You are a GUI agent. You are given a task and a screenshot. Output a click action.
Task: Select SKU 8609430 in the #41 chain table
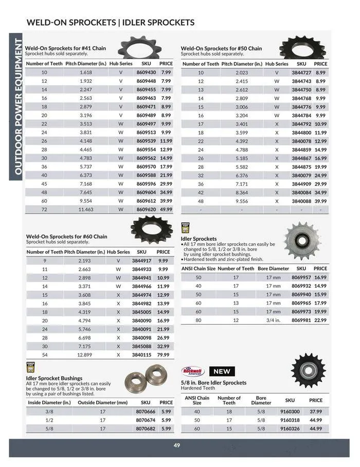click(146, 73)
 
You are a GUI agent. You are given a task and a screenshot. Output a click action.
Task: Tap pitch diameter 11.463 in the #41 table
click(85, 210)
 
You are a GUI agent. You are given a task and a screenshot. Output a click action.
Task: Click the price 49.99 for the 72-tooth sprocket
click(166, 210)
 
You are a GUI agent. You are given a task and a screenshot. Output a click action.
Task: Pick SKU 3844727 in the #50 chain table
click(301, 73)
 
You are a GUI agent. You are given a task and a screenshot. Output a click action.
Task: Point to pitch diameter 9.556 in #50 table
click(242, 201)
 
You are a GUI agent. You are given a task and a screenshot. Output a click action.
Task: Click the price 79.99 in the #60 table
click(163, 354)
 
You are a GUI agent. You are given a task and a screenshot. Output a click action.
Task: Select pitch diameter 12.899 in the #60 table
click(84, 354)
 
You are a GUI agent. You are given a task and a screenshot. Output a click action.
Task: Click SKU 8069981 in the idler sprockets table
click(301, 320)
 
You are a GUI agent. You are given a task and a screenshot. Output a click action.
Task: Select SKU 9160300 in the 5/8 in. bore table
click(290, 411)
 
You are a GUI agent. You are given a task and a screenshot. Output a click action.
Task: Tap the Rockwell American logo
click(193, 371)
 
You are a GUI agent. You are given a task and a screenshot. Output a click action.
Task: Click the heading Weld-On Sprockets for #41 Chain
click(66, 48)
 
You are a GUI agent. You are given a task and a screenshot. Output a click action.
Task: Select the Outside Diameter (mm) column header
click(103, 403)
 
